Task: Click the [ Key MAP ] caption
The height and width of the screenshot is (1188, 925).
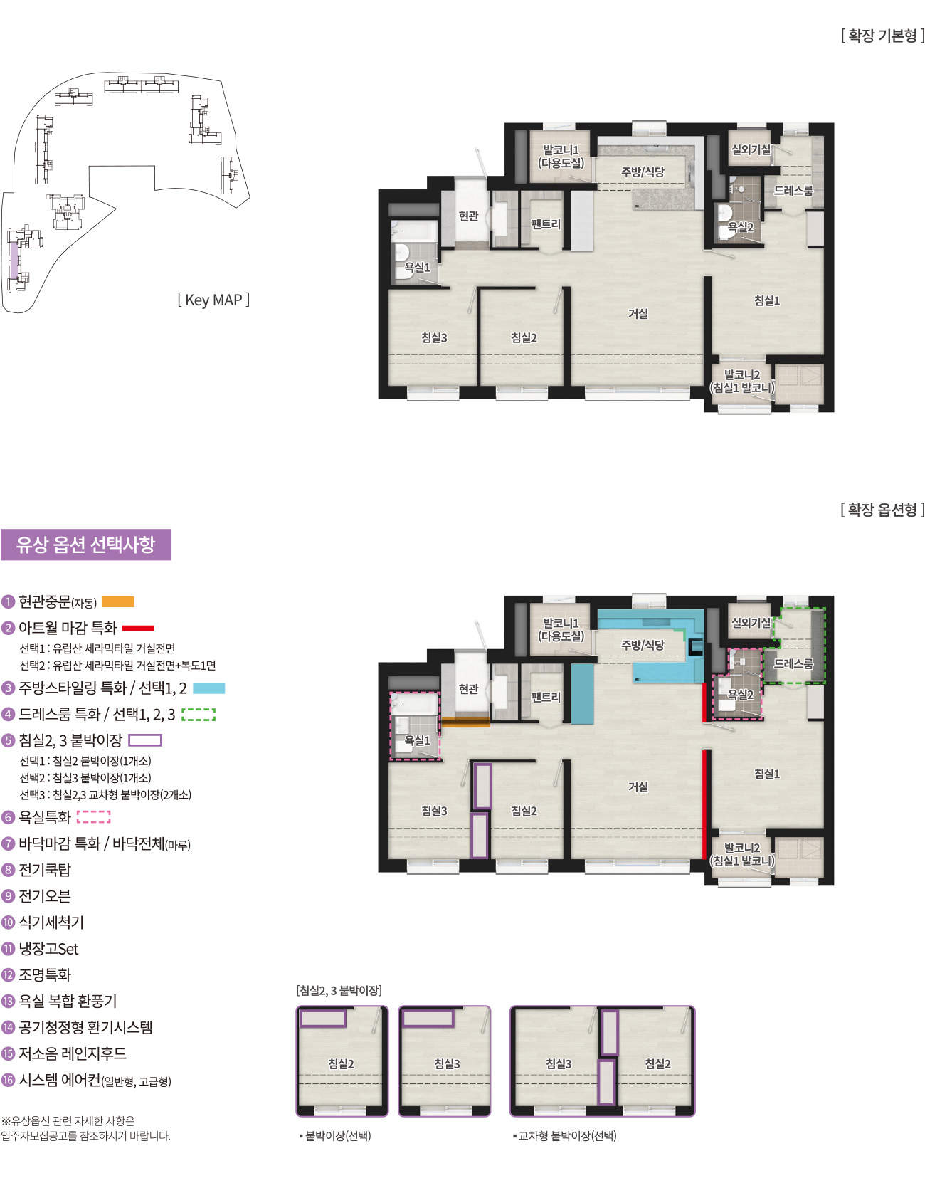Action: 213,300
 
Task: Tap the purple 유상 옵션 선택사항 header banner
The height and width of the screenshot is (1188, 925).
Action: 85,545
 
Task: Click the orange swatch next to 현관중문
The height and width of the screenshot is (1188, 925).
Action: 118,602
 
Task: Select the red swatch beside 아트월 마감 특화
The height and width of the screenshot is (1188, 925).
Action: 138,628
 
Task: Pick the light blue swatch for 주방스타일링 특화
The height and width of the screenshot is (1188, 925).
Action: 208,688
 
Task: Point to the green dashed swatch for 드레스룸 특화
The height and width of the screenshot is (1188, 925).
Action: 199,715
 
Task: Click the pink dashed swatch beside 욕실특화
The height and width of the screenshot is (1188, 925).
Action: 93,817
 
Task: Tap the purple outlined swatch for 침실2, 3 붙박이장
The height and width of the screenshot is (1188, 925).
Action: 145,740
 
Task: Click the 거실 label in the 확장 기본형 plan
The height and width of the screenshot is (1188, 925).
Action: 638,314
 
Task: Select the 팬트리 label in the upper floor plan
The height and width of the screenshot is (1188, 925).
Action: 546,224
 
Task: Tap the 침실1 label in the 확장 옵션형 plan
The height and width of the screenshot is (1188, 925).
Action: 767,774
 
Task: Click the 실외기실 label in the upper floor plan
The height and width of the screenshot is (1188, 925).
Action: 751,149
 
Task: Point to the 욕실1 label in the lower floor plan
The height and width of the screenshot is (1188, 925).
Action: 418,740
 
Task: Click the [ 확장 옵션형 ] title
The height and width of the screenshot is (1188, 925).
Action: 882,510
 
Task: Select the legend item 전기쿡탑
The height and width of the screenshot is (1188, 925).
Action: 45,870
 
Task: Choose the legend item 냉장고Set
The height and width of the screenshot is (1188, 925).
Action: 48,949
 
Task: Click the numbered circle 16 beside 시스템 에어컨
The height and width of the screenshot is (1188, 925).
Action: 9,1081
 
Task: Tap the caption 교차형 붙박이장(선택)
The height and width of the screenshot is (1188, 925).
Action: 566,1136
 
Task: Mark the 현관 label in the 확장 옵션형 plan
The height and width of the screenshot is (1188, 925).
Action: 469,689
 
